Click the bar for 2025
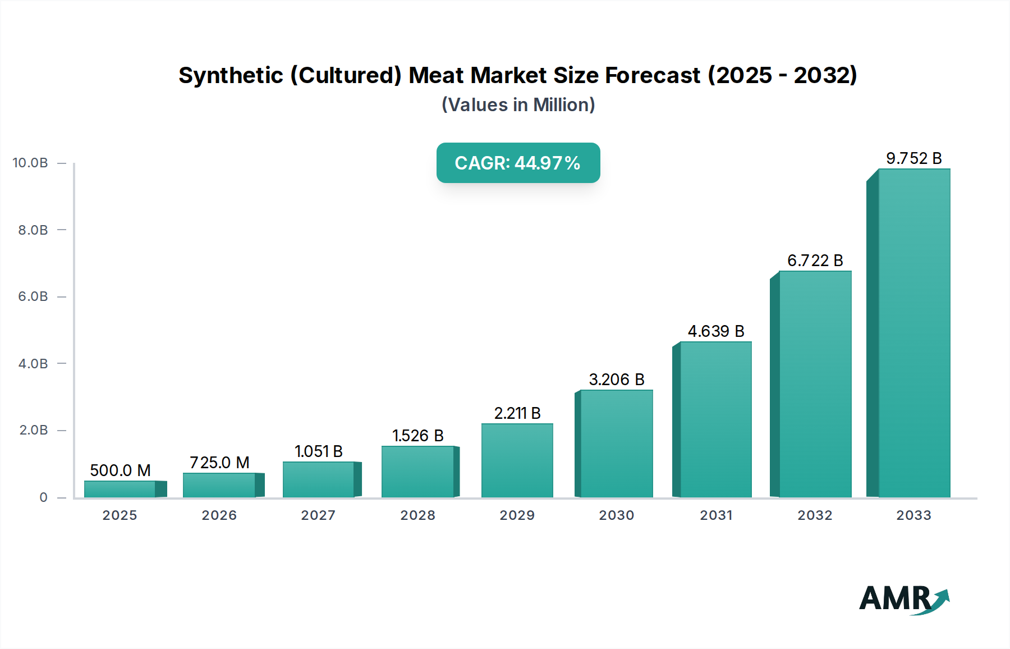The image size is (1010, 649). click(120, 489)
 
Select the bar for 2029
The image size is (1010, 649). click(517, 460)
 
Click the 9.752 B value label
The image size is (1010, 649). click(913, 158)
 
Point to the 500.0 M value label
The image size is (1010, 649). click(120, 470)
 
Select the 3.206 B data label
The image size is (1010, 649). click(616, 380)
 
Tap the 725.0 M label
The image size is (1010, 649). click(219, 463)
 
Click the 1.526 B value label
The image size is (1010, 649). click(417, 436)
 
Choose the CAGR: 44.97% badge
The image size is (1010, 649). click(518, 163)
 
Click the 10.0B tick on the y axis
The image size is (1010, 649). click(30, 163)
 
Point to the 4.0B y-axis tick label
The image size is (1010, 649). click(33, 363)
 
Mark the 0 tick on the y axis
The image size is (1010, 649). click(43, 497)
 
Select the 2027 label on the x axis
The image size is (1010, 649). click(318, 515)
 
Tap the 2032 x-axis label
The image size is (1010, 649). click(815, 515)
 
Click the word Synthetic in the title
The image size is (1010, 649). click(231, 75)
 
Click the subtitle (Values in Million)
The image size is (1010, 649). click(518, 104)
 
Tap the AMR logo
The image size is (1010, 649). click(903, 599)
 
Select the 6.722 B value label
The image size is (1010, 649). click(815, 260)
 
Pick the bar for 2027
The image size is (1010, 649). click(319, 479)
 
